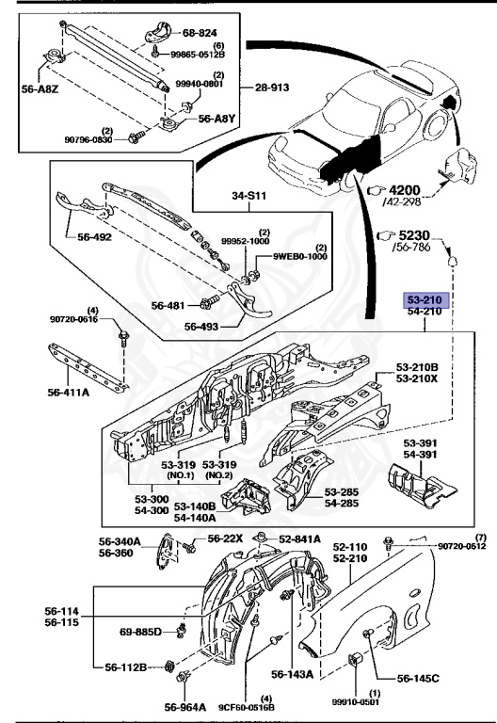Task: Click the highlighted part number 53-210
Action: pyautogui.click(x=424, y=299)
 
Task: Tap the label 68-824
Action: pyautogui.click(x=200, y=32)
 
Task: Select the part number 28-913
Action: pyautogui.click(x=272, y=88)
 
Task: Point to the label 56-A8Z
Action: pyautogui.click(x=40, y=89)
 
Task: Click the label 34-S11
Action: pyautogui.click(x=248, y=196)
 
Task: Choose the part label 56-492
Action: pyautogui.click(x=94, y=237)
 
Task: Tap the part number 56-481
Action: pyautogui.click(x=168, y=305)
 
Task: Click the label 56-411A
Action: pyautogui.click(x=68, y=393)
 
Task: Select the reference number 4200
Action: pyautogui.click(x=405, y=190)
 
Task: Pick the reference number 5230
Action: pyautogui.click(x=413, y=235)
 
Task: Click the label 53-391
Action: pyautogui.click(x=420, y=443)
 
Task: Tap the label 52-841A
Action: pyautogui.click(x=299, y=539)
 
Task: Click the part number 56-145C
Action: pyautogui.click(x=418, y=678)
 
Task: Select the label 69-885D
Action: pyautogui.click(x=140, y=632)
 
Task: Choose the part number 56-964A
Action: pyautogui.click(x=185, y=707)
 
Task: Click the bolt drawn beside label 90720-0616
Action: pyautogui.click(x=123, y=337)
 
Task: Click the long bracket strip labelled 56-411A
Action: pyautogui.click(x=88, y=368)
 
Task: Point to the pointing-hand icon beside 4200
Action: pyautogui.click(x=376, y=190)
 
